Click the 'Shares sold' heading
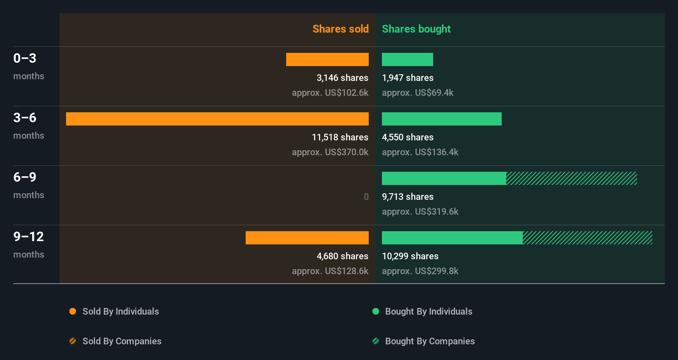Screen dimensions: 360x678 [340, 29]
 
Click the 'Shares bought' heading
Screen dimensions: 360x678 [416, 29]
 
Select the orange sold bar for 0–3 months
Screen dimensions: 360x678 [327, 59]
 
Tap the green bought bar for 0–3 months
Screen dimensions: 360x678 [407, 59]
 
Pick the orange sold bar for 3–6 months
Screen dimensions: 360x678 [217, 119]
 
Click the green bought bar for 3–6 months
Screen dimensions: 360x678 [441, 119]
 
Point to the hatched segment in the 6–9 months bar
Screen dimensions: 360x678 [571, 178]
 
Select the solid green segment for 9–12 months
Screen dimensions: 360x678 [452, 238]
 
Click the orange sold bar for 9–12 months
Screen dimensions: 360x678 [307, 238]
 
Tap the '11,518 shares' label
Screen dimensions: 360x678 [340, 137]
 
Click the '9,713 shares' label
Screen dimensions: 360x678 [408, 197]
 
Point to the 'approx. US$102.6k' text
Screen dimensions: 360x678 [330, 92]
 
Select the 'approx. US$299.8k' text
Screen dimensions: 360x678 [420, 271]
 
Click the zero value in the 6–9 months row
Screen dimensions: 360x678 [366, 197]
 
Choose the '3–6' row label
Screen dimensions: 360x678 [25, 118]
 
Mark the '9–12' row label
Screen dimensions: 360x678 [28, 237]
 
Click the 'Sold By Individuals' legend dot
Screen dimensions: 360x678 [73, 311]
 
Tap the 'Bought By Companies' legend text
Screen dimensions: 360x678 [430, 341]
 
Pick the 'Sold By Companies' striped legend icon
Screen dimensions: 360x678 [73, 341]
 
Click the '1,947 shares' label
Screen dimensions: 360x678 [408, 78]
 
